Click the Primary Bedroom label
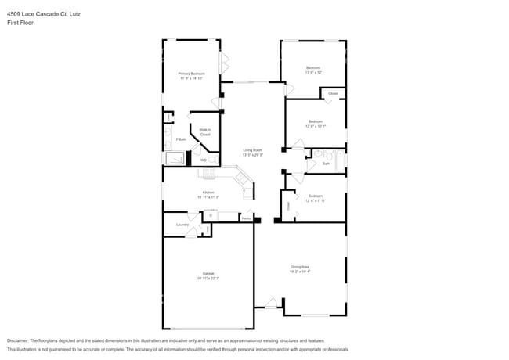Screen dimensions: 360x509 click(192, 74)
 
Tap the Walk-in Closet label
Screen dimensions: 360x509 click(205, 131)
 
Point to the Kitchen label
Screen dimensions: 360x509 click(208, 192)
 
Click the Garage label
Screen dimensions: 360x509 click(208, 273)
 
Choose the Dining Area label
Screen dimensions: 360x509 click(314, 268)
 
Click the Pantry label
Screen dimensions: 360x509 click(246, 218)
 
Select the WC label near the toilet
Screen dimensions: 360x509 click(203, 160)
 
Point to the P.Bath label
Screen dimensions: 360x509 click(180, 139)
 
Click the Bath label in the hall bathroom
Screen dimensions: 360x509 click(325, 164)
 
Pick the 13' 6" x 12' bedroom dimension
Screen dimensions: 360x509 click(313, 73)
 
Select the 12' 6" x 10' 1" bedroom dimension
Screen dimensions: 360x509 click(315, 126)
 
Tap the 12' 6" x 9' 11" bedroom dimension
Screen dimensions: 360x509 click(315, 200)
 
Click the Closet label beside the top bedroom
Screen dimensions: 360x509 click(333, 93)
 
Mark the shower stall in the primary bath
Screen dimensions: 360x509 click(174, 159)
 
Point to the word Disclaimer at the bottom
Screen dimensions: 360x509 click(17, 341)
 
